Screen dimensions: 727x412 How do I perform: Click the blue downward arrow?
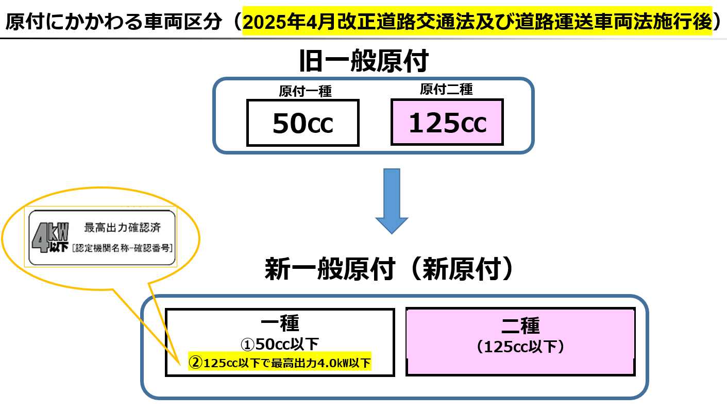392,201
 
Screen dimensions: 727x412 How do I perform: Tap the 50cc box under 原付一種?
303,123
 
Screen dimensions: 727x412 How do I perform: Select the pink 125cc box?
447,122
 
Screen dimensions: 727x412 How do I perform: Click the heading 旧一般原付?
364,61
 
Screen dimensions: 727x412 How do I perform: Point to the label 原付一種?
306,91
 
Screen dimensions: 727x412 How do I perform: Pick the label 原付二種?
446,89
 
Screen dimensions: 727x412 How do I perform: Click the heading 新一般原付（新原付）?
389,269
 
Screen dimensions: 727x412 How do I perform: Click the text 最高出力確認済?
122,228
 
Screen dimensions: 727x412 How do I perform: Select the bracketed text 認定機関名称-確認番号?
122,248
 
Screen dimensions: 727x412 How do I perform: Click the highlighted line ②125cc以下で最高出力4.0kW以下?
279,363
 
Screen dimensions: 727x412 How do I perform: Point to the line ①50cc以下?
280,344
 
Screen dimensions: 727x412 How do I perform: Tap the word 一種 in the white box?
280,323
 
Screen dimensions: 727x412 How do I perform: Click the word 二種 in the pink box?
520,325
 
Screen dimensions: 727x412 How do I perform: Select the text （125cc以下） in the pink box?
520,347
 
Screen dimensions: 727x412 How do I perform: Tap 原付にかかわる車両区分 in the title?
113,22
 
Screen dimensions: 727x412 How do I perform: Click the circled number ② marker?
196,363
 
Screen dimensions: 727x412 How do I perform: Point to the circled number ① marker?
247,345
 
